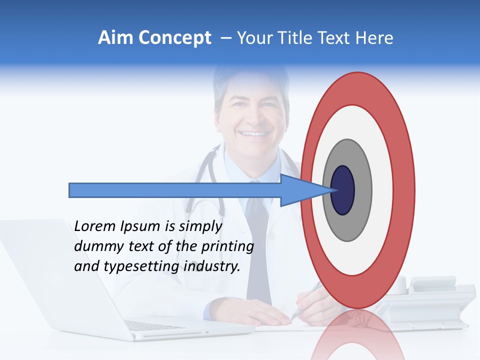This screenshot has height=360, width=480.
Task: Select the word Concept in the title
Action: pos(175,38)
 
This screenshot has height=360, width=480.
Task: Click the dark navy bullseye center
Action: pos(342,190)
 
